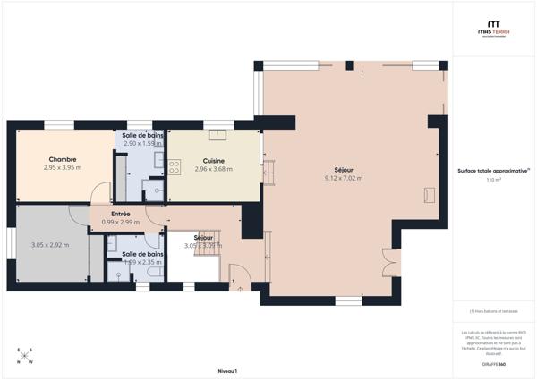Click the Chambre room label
(63, 159)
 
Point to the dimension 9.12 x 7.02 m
(343, 178)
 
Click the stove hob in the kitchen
(175, 166)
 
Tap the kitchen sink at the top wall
(217, 136)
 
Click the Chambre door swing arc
(100, 193)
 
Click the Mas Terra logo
(492, 29)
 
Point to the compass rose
(25, 356)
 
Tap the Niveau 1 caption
(227, 369)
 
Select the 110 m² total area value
(493, 180)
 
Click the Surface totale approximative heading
(493, 170)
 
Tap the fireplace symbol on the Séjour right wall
(430, 194)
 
